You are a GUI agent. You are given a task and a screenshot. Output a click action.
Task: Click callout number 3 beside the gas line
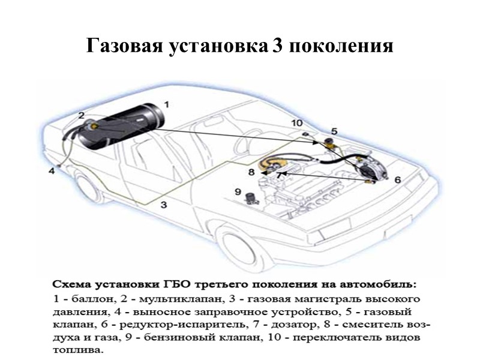pos(163,204)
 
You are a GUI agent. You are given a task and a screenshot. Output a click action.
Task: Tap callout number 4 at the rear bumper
pos(52,170)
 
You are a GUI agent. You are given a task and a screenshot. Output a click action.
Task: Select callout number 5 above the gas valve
pos(334,130)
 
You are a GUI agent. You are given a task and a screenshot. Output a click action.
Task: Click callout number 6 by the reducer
pos(397,179)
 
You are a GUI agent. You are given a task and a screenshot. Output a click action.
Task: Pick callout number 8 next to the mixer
pos(252,172)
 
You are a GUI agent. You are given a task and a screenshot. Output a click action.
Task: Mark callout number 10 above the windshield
pos(297,123)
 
